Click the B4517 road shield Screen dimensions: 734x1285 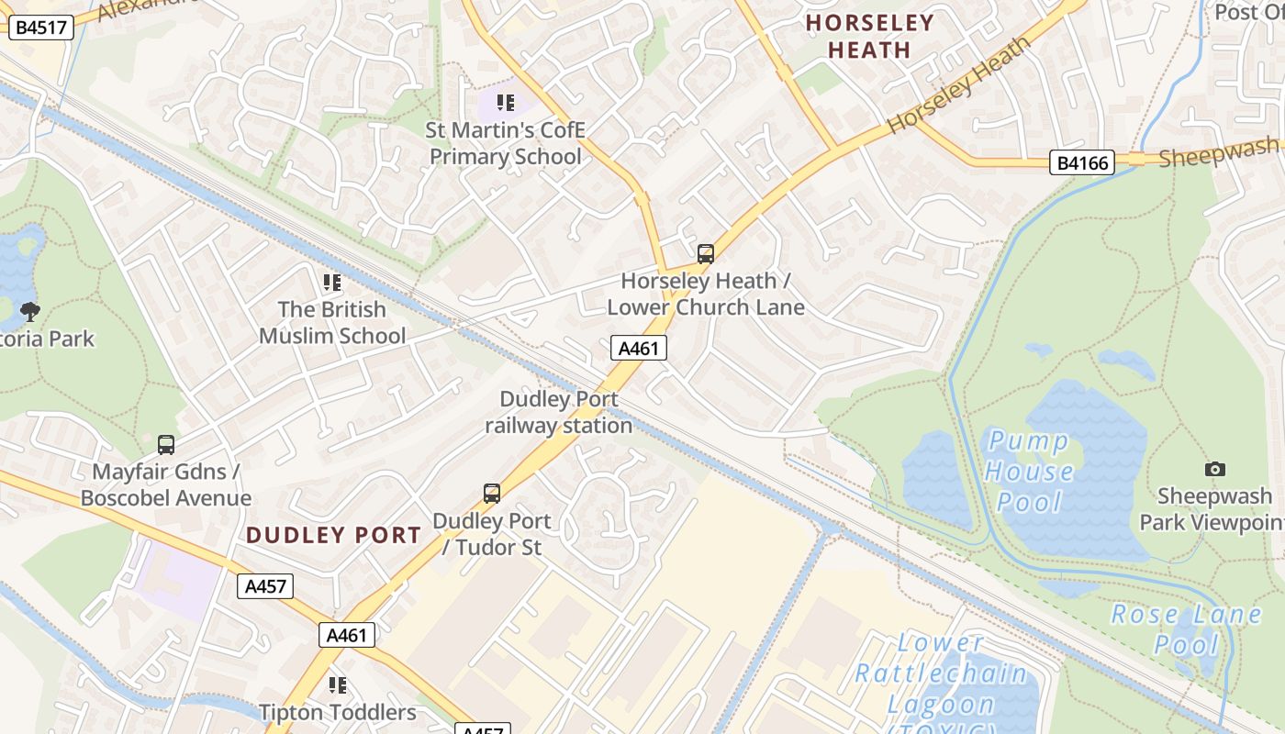pyautogui.click(x=40, y=27)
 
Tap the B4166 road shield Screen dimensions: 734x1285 pyautogui.click(x=1082, y=163)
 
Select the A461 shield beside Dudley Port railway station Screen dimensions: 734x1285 pyautogui.click(x=638, y=348)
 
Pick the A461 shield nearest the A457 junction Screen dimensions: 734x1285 pyautogui.click(x=347, y=635)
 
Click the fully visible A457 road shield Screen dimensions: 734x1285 pyautogui.click(x=265, y=586)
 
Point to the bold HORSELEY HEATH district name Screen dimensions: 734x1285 pyautogui.click(x=869, y=37)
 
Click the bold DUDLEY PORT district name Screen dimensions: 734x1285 pyautogui.click(x=334, y=535)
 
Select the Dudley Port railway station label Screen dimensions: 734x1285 pyautogui.click(x=558, y=412)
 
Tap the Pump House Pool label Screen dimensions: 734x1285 pyautogui.click(x=1029, y=472)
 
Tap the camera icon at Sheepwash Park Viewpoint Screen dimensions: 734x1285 pyautogui.click(x=1214, y=469)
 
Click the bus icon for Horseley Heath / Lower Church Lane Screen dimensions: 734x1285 pyautogui.click(x=705, y=254)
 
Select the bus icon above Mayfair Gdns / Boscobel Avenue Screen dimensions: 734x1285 pyautogui.click(x=166, y=445)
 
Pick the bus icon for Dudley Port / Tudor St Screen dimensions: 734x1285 pyautogui.click(x=492, y=494)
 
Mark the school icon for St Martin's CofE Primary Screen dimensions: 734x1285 pyautogui.click(x=506, y=103)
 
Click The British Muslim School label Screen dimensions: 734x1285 pyautogui.click(x=331, y=322)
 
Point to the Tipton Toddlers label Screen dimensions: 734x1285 pyautogui.click(x=337, y=712)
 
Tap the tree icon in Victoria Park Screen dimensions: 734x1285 pyautogui.click(x=30, y=311)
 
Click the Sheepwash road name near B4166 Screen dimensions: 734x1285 pyautogui.click(x=1219, y=152)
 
